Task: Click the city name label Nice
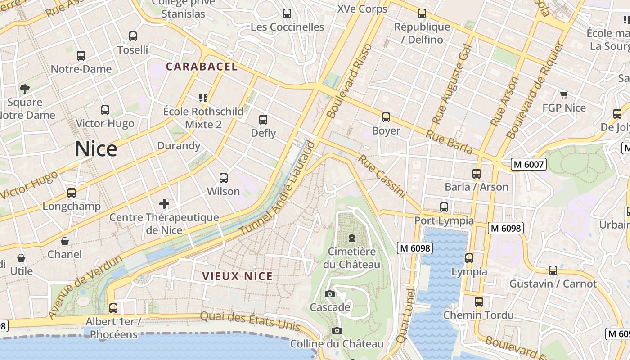tap(96, 148)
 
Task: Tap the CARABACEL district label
tap(202, 67)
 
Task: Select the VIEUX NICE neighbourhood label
tap(237, 276)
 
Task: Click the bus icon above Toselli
tap(132, 36)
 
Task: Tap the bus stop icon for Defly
tap(263, 120)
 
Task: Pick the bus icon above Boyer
tap(386, 117)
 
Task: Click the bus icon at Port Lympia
tap(444, 207)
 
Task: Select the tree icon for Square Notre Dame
tap(24, 89)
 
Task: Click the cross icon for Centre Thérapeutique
tap(164, 204)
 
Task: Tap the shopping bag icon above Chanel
tap(65, 241)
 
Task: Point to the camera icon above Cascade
tap(330, 294)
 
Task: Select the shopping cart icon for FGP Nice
tap(564, 94)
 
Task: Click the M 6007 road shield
tap(529, 165)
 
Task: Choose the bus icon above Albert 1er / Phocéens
tap(113, 308)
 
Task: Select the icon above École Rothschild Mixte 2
tap(203, 98)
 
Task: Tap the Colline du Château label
tap(337, 344)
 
